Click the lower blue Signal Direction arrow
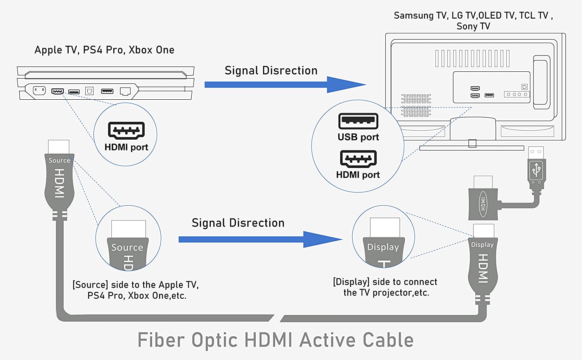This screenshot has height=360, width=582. pyautogui.click(x=260, y=239)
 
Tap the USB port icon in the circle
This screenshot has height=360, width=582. pyautogui.click(x=358, y=121)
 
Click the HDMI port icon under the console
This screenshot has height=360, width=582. pyautogui.click(x=126, y=131)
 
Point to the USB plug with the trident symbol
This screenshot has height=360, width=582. pyautogui.click(x=537, y=169)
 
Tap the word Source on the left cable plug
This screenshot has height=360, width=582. pyautogui.click(x=59, y=161)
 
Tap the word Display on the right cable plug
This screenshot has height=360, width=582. pyautogui.click(x=482, y=245)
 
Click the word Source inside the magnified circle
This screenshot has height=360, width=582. pyautogui.click(x=127, y=247)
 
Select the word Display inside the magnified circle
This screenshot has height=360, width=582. pyautogui.click(x=383, y=247)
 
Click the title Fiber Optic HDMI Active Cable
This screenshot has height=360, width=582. pyautogui.click(x=275, y=340)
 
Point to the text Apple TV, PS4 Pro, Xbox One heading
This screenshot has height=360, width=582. pyautogui.click(x=104, y=50)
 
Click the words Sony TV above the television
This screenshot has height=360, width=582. pyautogui.click(x=473, y=26)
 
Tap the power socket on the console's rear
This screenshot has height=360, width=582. pyautogui.click(x=39, y=91)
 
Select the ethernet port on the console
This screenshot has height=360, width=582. pyautogui.click(x=125, y=91)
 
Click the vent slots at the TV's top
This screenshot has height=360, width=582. pyautogui.click(x=472, y=59)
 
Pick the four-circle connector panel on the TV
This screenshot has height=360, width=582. pyautogui.click(x=517, y=94)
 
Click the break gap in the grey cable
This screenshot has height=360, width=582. pyautogui.click(x=277, y=318)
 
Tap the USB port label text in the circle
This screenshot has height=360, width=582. pyautogui.click(x=358, y=137)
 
